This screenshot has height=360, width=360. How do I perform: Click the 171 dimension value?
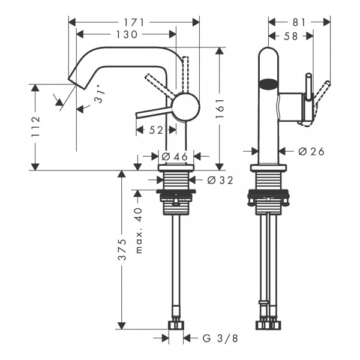click(x=134, y=23)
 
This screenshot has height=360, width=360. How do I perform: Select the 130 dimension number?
click(x=127, y=34)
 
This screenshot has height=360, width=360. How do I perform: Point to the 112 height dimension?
click(x=35, y=127)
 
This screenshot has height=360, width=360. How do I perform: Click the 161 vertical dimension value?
click(x=220, y=109)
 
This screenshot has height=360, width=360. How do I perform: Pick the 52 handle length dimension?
click(x=156, y=130)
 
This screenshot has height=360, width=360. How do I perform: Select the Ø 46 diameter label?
click(x=175, y=157)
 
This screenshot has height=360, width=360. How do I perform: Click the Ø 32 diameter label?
click(x=220, y=180)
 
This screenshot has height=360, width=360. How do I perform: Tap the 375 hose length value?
click(x=122, y=250)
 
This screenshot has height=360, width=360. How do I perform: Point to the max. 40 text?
click(x=139, y=230)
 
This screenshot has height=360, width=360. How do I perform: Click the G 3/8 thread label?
click(x=220, y=338)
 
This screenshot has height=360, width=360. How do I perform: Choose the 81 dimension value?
click(x=299, y=23)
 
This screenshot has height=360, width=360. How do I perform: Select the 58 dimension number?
click(x=290, y=36)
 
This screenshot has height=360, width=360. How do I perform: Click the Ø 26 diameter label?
click(x=311, y=152)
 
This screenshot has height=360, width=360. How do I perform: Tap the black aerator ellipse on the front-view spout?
click(x=269, y=84)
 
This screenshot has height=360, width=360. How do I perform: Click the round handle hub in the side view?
click(x=187, y=107)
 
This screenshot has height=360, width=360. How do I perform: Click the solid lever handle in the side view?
click(x=154, y=112)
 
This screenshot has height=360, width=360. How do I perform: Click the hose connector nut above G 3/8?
click(x=176, y=325)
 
